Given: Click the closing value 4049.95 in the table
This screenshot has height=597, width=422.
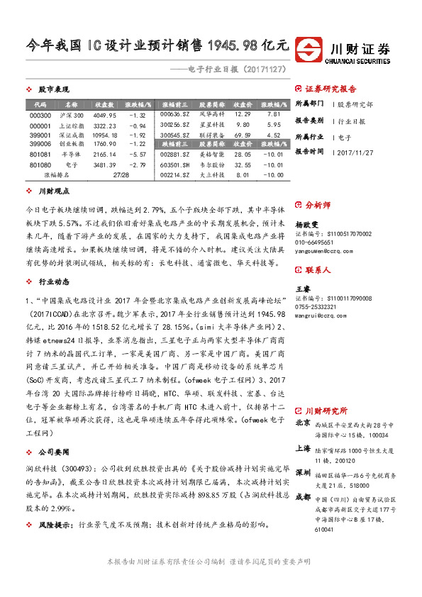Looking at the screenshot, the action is (104, 115).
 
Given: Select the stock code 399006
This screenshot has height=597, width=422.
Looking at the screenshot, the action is (41, 143).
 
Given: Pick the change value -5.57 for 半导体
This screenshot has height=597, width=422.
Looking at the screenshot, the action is (135, 153).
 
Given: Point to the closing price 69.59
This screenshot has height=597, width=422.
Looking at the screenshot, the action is (243, 133).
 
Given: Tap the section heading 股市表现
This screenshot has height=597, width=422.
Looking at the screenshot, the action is (53, 89).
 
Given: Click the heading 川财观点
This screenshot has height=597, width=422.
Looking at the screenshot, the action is (53, 191).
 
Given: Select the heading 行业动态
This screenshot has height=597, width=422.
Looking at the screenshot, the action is (53, 262).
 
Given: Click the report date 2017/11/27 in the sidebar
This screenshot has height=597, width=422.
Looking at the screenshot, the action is (355, 151).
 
